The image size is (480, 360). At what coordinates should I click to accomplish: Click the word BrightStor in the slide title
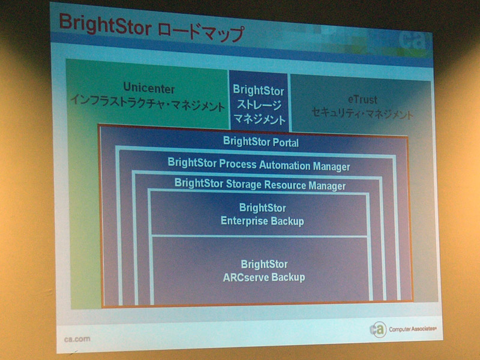point(105,25)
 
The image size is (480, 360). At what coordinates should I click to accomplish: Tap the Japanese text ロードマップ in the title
point(202,32)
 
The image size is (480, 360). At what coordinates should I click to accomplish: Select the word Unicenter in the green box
point(149,88)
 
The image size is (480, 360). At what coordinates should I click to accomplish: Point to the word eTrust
point(363,100)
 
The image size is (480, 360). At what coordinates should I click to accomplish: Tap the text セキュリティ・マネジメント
point(362,113)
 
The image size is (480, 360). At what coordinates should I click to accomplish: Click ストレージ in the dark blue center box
point(259,105)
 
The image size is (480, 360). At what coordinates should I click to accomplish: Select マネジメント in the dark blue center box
point(260,119)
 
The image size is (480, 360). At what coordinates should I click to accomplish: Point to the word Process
point(238,164)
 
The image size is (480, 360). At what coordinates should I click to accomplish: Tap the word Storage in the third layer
point(244,184)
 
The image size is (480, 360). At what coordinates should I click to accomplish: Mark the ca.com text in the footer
point(77,339)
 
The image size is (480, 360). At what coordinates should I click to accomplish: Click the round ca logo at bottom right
point(379,329)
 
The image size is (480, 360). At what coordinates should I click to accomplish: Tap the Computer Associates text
point(413,329)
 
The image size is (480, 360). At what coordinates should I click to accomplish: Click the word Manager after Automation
point(332,167)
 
